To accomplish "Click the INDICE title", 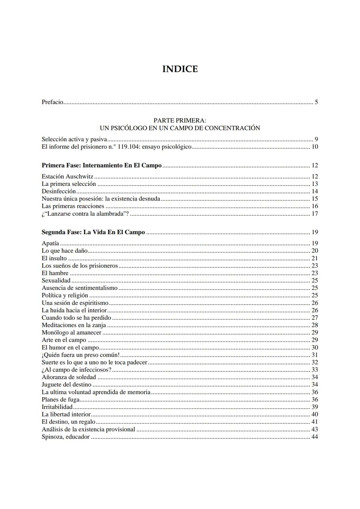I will coord(180,69).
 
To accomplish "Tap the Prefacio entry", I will coord(52,102).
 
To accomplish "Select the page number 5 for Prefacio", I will coord(316,102).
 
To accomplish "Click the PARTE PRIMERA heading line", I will coord(180,120).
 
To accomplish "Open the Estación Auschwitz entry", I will coord(67,176).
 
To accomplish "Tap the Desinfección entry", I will coord(59,191).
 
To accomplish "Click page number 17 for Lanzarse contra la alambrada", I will coord(314,214).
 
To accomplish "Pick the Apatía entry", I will coord(50,243).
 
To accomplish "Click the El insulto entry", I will coord(54,258).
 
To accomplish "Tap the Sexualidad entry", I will coord(56,280).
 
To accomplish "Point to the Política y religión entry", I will coord(65,295).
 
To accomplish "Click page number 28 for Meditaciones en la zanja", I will coord(314,325).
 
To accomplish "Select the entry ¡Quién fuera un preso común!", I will coord(80,355).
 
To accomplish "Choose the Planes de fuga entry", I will coord(60,399).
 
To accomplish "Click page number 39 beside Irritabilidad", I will coord(314,407).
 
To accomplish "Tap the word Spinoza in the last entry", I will coord(52,437).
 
